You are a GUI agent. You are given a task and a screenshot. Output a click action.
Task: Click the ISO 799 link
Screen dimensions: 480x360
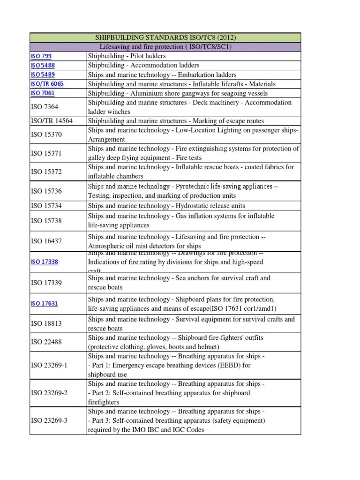pos(41,56)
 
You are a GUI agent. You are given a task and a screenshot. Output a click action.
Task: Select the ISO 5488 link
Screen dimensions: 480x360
pos(43,66)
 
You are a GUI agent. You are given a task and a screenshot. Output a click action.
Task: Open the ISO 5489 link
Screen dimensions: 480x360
pos(43,75)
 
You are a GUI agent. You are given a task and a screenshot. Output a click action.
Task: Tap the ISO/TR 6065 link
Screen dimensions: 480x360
pos(47,84)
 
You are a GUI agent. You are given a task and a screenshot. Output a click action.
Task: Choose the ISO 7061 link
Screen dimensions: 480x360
pos(43,93)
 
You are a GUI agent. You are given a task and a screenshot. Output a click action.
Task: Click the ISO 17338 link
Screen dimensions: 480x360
pos(44,262)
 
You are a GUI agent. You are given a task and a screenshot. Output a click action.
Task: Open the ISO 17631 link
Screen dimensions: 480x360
pos(44,303)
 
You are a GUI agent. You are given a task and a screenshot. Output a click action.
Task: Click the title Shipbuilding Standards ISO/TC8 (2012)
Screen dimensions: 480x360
pos(165,37)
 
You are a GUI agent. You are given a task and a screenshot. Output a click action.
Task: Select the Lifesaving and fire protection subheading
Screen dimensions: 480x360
pos(165,47)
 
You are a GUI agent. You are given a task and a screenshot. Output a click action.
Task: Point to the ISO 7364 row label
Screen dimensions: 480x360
pos(45,107)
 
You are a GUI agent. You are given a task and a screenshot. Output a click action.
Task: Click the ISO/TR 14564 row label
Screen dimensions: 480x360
pos(52,121)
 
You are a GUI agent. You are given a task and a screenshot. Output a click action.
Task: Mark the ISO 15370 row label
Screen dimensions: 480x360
pos(46,135)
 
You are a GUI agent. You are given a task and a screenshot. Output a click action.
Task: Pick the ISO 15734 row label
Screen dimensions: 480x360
pos(46,206)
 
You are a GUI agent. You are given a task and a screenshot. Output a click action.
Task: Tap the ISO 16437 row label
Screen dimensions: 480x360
pos(46,241)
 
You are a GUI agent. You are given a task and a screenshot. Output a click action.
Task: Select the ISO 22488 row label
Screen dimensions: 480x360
pos(46,342)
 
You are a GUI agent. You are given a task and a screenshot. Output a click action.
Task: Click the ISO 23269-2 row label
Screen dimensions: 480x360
pos(49,393)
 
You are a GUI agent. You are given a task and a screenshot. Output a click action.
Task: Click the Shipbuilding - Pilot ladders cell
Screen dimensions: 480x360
pos(127,56)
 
